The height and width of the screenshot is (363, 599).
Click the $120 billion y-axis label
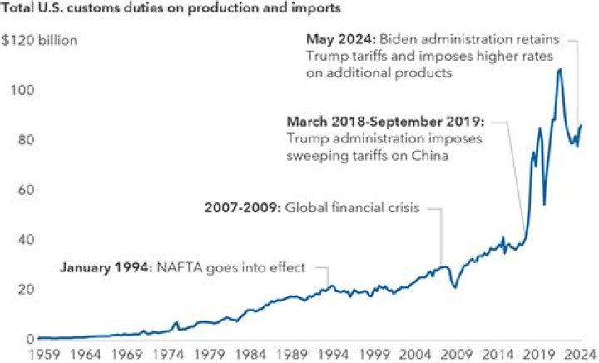(41, 40)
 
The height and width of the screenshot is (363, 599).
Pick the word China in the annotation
(429, 155)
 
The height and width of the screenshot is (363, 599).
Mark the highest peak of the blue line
(559, 70)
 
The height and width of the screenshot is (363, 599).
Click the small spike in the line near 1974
(176, 322)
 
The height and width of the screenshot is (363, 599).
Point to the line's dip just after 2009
(454, 287)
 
